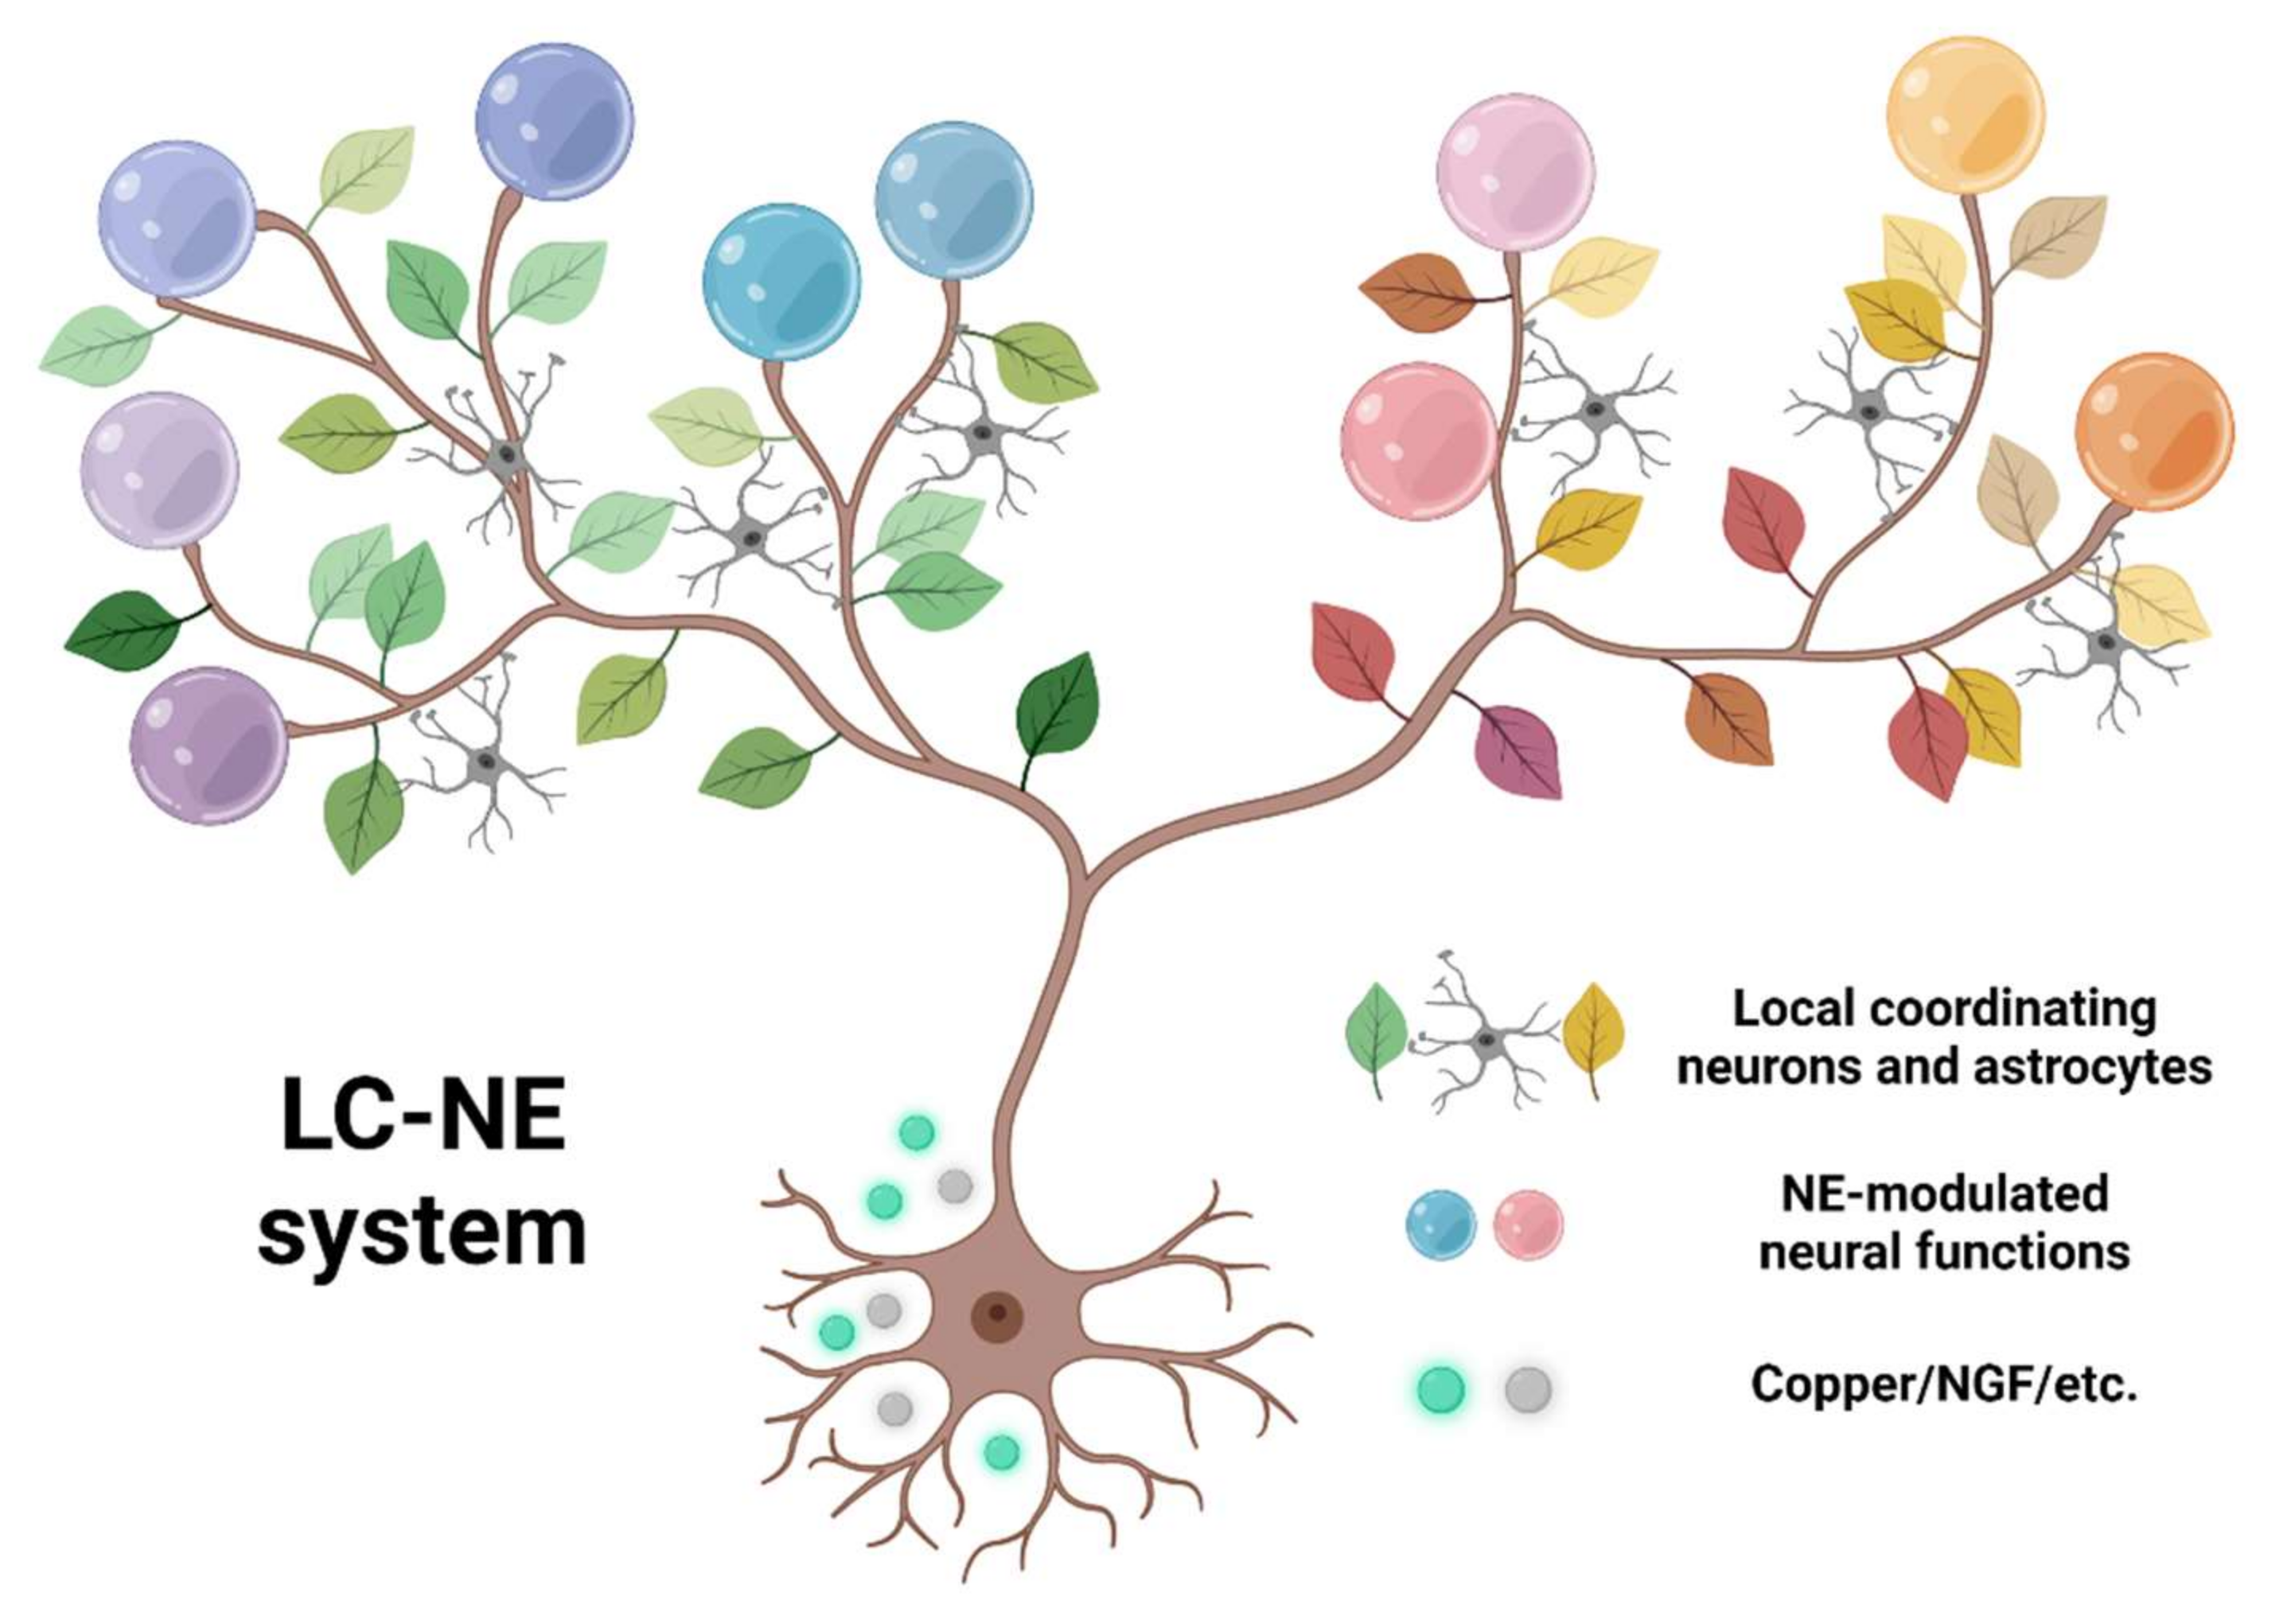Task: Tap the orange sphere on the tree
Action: (x=2154, y=432)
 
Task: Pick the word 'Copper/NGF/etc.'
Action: (x=1944, y=1384)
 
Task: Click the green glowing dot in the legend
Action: (x=1440, y=1389)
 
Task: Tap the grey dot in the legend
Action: (x=1527, y=1389)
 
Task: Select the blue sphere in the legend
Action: (x=1440, y=1225)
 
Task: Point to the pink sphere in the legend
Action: (x=1527, y=1225)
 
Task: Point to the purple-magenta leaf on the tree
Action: (x=1518, y=750)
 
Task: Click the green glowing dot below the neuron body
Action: (x=1002, y=1452)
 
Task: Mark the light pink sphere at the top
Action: (x=1514, y=173)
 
